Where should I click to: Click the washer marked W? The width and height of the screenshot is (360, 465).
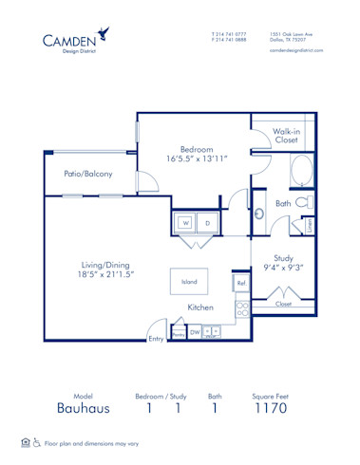(x=186, y=224)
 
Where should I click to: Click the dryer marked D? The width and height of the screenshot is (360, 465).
(x=207, y=224)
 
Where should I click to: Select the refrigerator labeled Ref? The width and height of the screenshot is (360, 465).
(x=241, y=284)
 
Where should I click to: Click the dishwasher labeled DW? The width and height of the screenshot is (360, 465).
(x=195, y=333)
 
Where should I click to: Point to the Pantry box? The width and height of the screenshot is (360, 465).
(x=178, y=334)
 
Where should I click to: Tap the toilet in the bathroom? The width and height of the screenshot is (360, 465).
(x=302, y=203)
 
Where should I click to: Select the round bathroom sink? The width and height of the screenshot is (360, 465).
(x=257, y=213)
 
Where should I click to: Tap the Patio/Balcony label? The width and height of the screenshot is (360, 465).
(x=88, y=174)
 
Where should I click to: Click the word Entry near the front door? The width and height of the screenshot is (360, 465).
(x=156, y=339)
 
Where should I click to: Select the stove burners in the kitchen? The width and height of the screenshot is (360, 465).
(x=241, y=307)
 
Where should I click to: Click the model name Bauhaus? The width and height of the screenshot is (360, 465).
(x=84, y=409)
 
